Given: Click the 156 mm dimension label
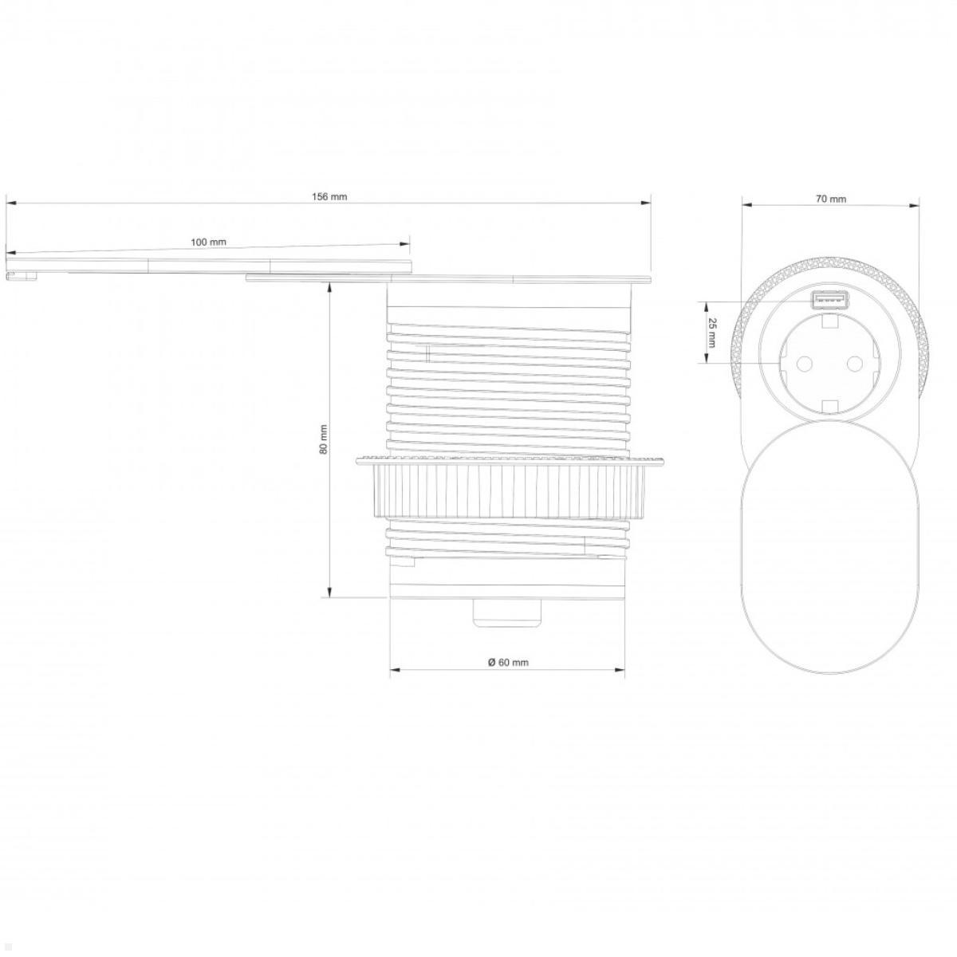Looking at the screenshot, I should pos(329,196).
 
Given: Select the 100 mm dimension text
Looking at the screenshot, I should pos(208,242).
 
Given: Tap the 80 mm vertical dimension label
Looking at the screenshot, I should pos(323,439).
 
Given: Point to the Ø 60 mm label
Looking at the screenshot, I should pos(508,662).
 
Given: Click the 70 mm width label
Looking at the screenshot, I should pos(831,199).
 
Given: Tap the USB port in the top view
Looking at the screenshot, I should pos(829,301).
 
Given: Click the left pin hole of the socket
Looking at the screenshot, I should pos(800,364).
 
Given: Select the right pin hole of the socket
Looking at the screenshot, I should pos(854,364).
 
